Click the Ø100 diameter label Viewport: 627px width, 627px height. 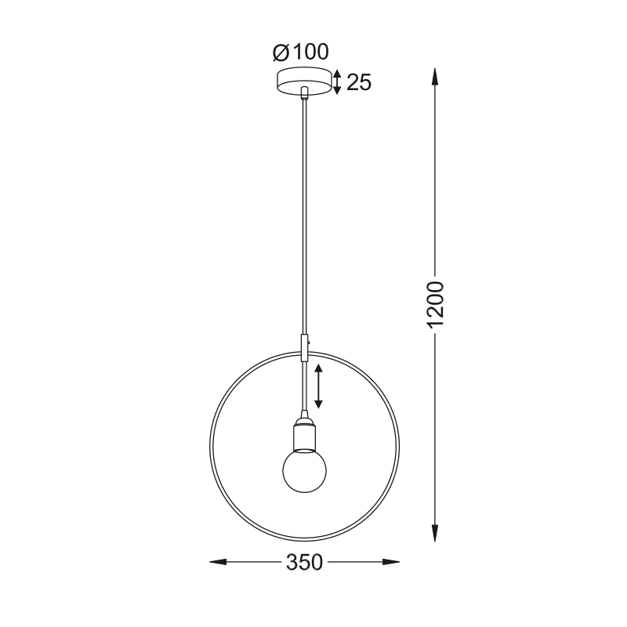(x=300, y=52)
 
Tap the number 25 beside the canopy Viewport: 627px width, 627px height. (x=359, y=82)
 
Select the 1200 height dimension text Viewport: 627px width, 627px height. (x=436, y=305)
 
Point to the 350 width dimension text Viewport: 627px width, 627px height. (x=304, y=562)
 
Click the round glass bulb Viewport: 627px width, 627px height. (x=304, y=470)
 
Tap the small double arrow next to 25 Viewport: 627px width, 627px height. (x=337, y=82)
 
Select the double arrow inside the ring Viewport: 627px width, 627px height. (x=318, y=386)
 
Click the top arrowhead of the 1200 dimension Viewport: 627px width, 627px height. (x=435, y=77)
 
